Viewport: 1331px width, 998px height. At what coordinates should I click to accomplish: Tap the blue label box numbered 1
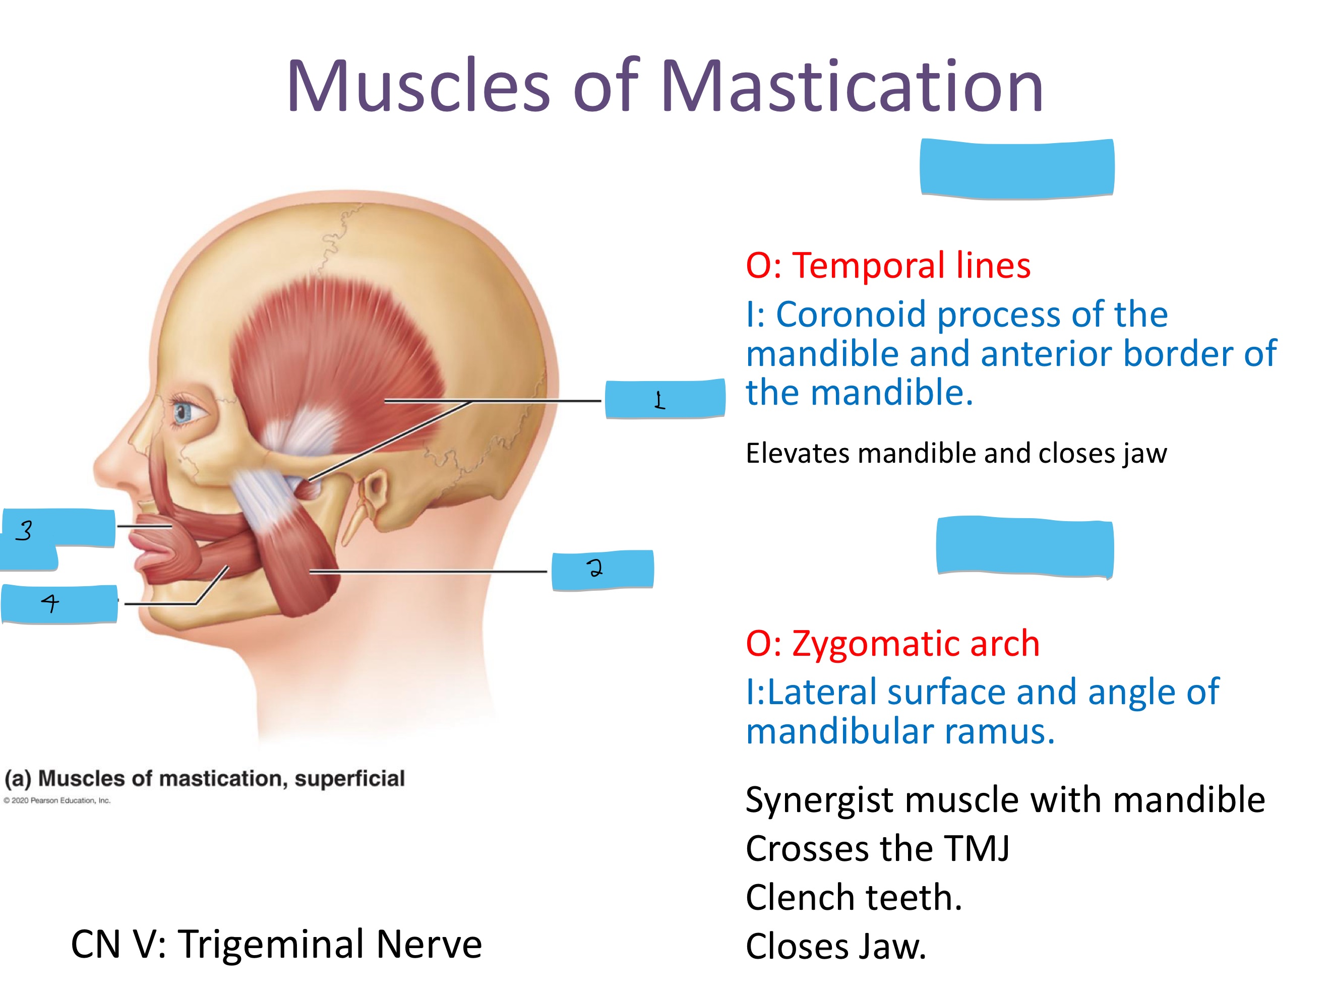pyautogui.click(x=665, y=398)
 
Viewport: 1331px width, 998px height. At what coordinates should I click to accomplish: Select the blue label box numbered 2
pyautogui.click(x=602, y=570)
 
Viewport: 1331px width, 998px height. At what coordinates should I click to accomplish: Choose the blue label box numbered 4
pyautogui.click(x=59, y=603)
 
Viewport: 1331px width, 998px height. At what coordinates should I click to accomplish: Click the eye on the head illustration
pyautogui.click(x=186, y=412)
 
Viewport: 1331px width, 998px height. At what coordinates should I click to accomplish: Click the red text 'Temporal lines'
pyautogui.click(x=911, y=265)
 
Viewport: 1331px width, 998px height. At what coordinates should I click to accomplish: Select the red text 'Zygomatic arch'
pyautogui.click(x=916, y=644)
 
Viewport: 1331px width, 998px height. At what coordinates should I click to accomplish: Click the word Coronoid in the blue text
pyautogui.click(x=851, y=314)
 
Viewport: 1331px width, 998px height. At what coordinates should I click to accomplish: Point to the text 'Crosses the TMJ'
pyautogui.click(x=877, y=849)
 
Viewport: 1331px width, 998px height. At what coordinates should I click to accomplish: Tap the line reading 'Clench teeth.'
pyautogui.click(x=853, y=898)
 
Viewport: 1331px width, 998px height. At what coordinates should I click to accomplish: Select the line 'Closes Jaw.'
pyautogui.click(x=836, y=946)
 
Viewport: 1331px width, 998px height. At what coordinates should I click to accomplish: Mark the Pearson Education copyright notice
pyautogui.click(x=57, y=801)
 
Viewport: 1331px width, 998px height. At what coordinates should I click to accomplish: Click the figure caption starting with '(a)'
pyautogui.click(x=205, y=778)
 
